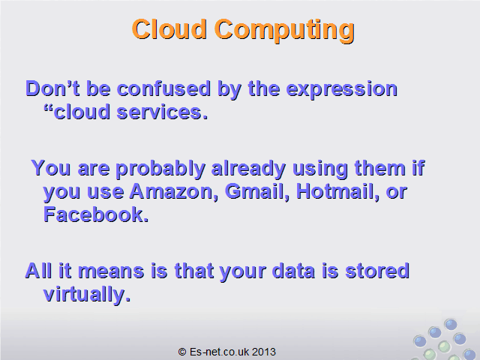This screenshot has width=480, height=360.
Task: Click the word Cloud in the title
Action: [169, 29]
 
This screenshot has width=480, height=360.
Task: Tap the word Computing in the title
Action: [285, 31]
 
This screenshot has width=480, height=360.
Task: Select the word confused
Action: [164, 89]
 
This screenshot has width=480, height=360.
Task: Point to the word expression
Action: [342, 90]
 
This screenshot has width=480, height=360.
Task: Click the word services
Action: [162, 112]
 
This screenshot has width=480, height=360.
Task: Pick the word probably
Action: [160, 169]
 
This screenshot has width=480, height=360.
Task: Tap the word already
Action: [248, 169]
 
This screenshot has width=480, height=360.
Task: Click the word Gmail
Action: [257, 192]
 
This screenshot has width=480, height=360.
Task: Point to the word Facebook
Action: [96, 214]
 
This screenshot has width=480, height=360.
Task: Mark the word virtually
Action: [87, 295]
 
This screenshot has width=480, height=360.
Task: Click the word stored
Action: [377, 271]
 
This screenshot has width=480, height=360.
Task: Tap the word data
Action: [293, 271]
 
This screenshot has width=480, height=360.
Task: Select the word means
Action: [111, 271]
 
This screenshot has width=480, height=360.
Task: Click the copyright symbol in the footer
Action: [182, 352]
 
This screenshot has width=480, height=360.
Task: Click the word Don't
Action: [52, 88]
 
